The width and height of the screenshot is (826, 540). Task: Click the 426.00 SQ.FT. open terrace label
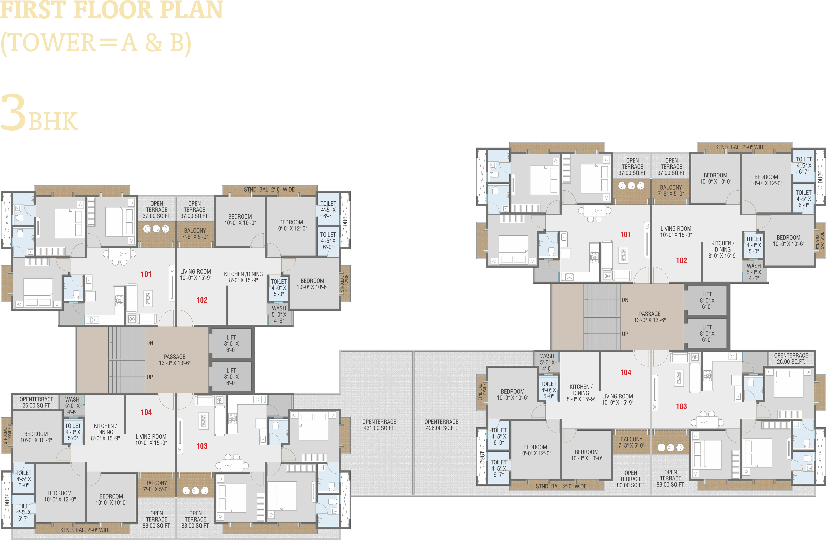[x=441, y=425]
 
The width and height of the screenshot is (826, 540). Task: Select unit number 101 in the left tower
[x=146, y=274]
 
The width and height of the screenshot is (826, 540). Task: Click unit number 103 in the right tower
[x=681, y=406]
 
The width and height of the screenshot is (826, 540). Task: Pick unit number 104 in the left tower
[x=146, y=412]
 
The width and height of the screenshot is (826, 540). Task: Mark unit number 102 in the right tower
[x=681, y=260]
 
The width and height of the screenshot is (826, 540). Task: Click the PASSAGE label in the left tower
[x=175, y=357]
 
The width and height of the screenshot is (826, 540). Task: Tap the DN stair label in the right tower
[x=625, y=300]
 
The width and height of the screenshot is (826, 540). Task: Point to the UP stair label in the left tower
[x=150, y=377]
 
